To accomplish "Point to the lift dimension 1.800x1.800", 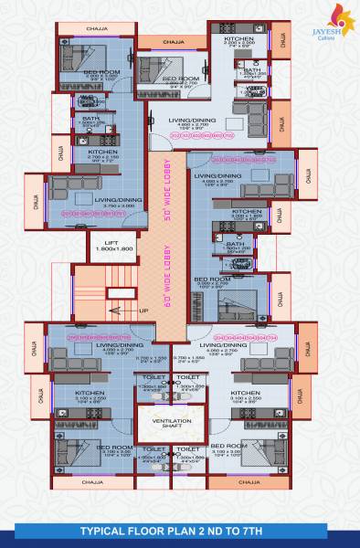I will [110, 248].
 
